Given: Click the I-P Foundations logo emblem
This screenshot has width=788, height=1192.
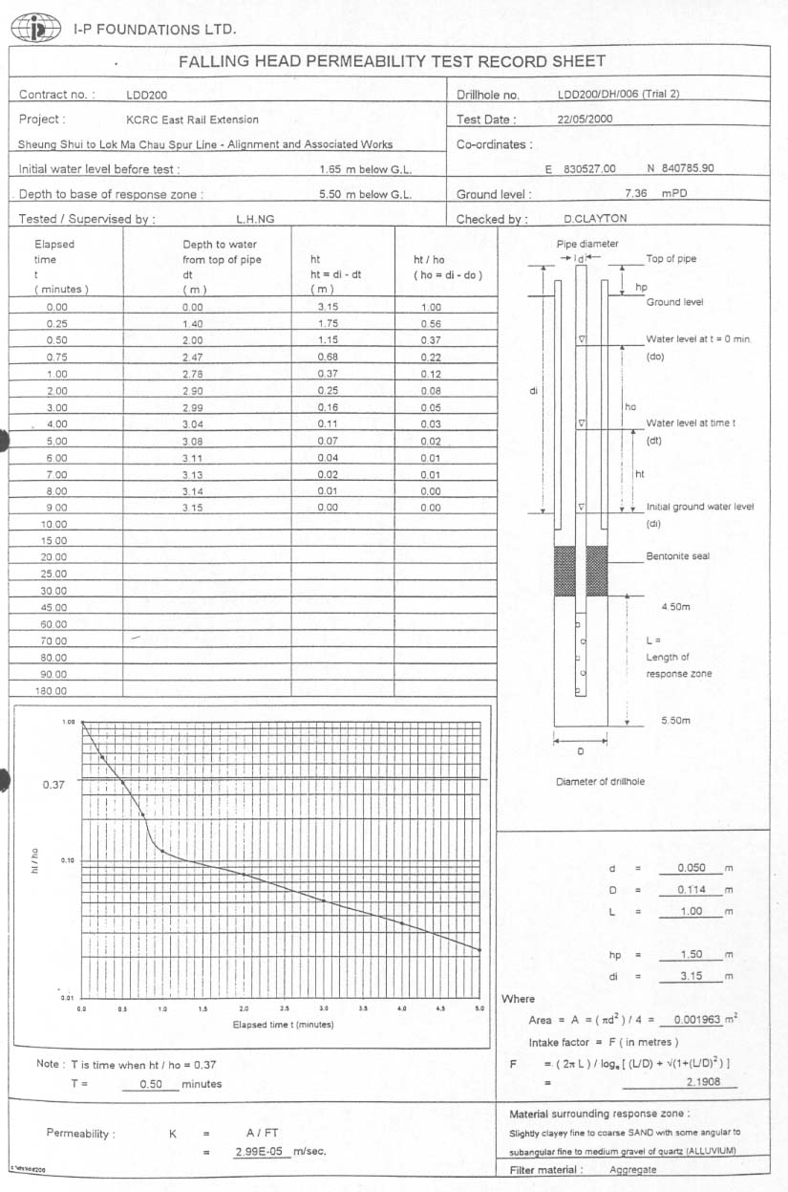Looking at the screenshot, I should coord(35,29).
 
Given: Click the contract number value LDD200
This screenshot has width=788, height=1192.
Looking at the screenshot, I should coord(147,95).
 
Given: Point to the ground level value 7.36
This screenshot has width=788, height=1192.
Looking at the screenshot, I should coord(636,194).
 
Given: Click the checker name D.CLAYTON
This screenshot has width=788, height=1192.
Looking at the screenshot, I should coord(595,219).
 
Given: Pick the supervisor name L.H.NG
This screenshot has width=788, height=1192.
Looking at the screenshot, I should coord(255,219).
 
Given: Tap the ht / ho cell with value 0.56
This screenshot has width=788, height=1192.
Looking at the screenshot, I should coord(431,324).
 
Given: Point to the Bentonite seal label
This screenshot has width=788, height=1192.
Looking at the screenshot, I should coord(677,556).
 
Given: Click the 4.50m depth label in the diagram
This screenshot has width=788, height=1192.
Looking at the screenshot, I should coord(675,606).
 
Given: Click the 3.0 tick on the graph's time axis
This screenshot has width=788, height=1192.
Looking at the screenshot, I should coord(324,1008).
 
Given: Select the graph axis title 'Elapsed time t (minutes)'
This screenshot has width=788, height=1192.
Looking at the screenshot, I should coord(284,1025).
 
